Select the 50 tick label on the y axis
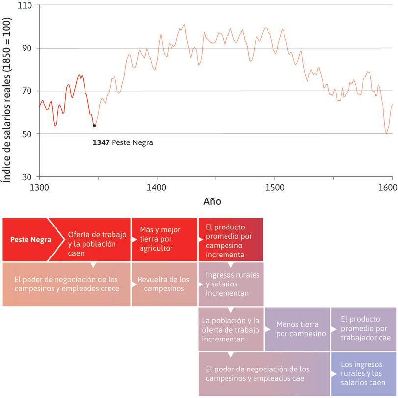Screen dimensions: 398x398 click(x=27, y=134)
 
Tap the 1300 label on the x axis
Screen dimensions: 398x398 click(x=39, y=187)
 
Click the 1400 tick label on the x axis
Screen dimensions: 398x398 click(x=157, y=187)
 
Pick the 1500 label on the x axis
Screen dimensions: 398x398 click(x=274, y=187)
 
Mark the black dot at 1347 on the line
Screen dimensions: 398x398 click(x=94, y=126)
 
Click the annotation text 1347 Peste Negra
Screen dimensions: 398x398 click(x=123, y=143)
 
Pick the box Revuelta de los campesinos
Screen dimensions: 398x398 click(x=163, y=284)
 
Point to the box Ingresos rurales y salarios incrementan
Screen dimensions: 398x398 click(x=230, y=284)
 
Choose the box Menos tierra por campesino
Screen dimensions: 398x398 click(x=297, y=329)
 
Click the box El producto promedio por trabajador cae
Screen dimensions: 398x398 click(x=363, y=329)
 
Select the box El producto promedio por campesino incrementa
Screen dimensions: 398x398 click(x=230, y=239)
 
